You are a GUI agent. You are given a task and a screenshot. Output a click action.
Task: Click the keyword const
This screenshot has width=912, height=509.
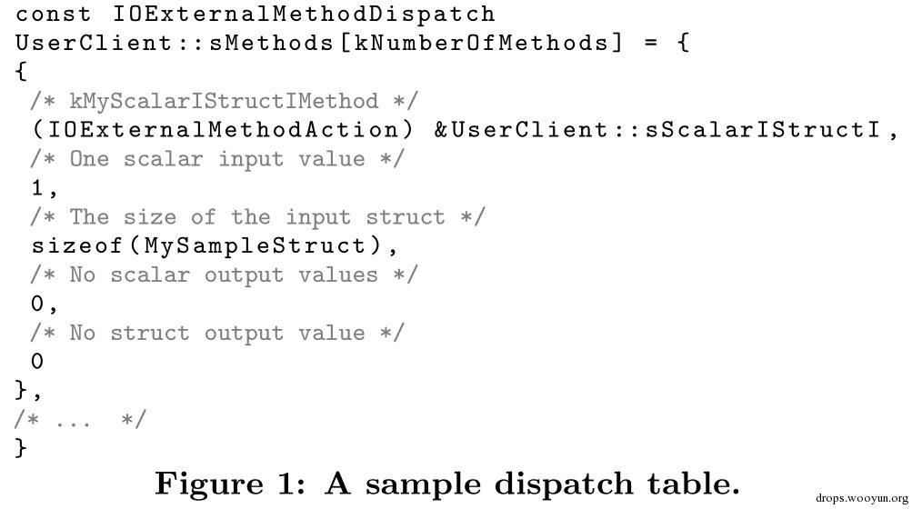pos(53,14)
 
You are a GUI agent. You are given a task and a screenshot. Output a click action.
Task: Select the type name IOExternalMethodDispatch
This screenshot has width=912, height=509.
pos(303,14)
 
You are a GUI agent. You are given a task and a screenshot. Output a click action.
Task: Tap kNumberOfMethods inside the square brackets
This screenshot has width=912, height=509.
pos(481,43)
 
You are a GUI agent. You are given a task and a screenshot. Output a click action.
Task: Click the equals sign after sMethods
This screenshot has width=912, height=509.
pos(651,43)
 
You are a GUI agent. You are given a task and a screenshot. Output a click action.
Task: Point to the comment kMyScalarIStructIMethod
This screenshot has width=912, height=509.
pos(224,101)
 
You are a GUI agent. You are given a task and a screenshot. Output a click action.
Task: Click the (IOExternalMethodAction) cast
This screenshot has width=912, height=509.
pos(222,130)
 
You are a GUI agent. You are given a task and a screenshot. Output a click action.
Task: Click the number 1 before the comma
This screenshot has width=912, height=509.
pos(37,188)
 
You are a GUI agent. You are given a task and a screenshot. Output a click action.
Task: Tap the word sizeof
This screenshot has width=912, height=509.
pos(76,245)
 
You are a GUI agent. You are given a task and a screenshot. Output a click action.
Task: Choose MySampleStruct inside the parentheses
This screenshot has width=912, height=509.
pos(256,245)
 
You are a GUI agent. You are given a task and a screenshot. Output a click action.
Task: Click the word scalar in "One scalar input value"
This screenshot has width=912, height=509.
pos(163,159)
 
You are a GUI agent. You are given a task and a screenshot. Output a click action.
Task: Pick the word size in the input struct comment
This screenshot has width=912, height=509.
pos(149,217)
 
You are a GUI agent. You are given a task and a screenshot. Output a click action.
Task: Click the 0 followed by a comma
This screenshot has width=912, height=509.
pos(37,304)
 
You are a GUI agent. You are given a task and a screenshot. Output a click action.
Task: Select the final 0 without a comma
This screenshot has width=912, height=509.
pos(37,361)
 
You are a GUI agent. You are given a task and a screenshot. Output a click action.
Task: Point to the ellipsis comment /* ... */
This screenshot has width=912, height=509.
pos(80,419)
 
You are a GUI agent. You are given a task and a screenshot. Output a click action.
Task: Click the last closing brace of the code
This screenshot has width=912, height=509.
pos(21,448)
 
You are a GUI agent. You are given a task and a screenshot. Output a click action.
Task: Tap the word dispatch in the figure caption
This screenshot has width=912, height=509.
pos(564,484)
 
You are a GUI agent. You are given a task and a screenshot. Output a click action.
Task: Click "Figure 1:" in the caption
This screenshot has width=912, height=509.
pos(230,484)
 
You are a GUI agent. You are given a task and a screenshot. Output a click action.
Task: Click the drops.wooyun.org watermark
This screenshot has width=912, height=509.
pos(861,498)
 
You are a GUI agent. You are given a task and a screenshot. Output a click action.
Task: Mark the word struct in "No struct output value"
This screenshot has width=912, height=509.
pos(149,333)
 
